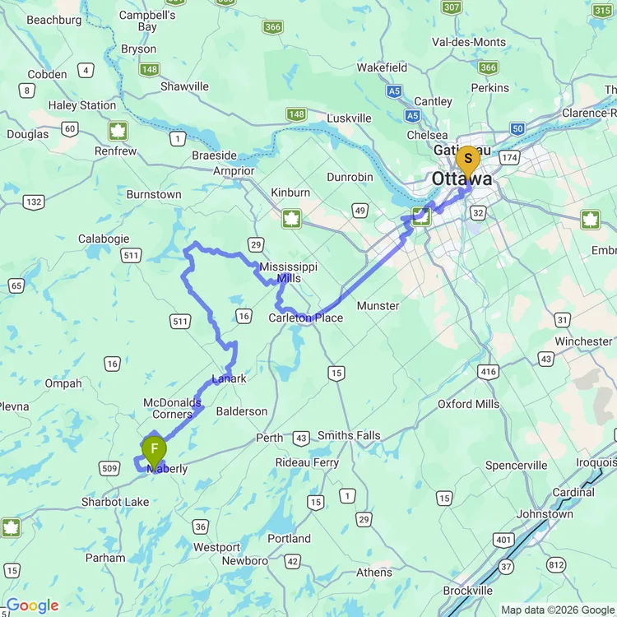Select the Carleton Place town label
(306, 318)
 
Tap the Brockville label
(467, 591)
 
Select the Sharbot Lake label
(115, 502)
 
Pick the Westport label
(216, 547)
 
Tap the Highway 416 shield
(489, 372)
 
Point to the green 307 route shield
(451, 7)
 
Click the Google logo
(31, 606)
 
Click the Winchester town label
(583, 341)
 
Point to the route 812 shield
(557, 564)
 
